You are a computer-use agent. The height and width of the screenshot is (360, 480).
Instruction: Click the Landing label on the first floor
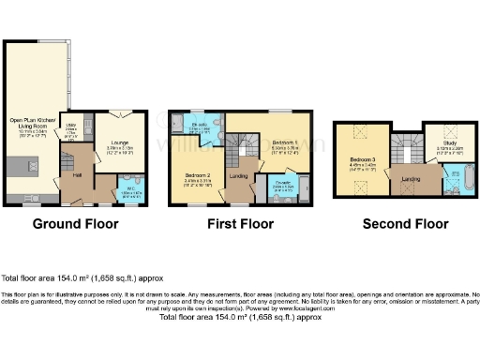(x=238, y=176)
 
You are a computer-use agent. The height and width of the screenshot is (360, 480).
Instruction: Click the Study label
(x=440, y=143)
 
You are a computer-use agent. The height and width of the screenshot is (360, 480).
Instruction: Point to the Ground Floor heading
(x=75, y=224)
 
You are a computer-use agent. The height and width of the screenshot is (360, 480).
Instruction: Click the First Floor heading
(x=240, y=224)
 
